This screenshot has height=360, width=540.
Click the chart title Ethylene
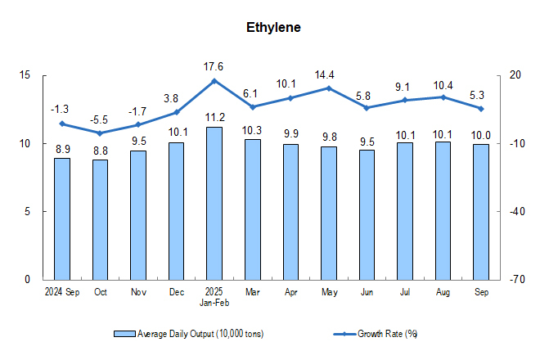point(273,28)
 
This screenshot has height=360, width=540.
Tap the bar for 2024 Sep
point(62,218)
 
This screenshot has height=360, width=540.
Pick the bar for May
point(329,213)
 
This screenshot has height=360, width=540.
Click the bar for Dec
point(177,211)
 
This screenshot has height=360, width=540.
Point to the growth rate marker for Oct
point(100,133)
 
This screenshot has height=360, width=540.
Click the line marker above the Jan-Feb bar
point(214,80)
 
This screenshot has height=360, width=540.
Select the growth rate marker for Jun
point(367,107)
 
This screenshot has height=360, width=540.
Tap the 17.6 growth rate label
point(214,65)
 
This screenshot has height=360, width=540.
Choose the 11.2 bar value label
point(214,117)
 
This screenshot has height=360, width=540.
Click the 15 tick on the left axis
point(25,75)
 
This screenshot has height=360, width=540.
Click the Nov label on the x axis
point(138,291)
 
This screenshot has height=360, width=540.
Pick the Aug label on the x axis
point(443,291)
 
